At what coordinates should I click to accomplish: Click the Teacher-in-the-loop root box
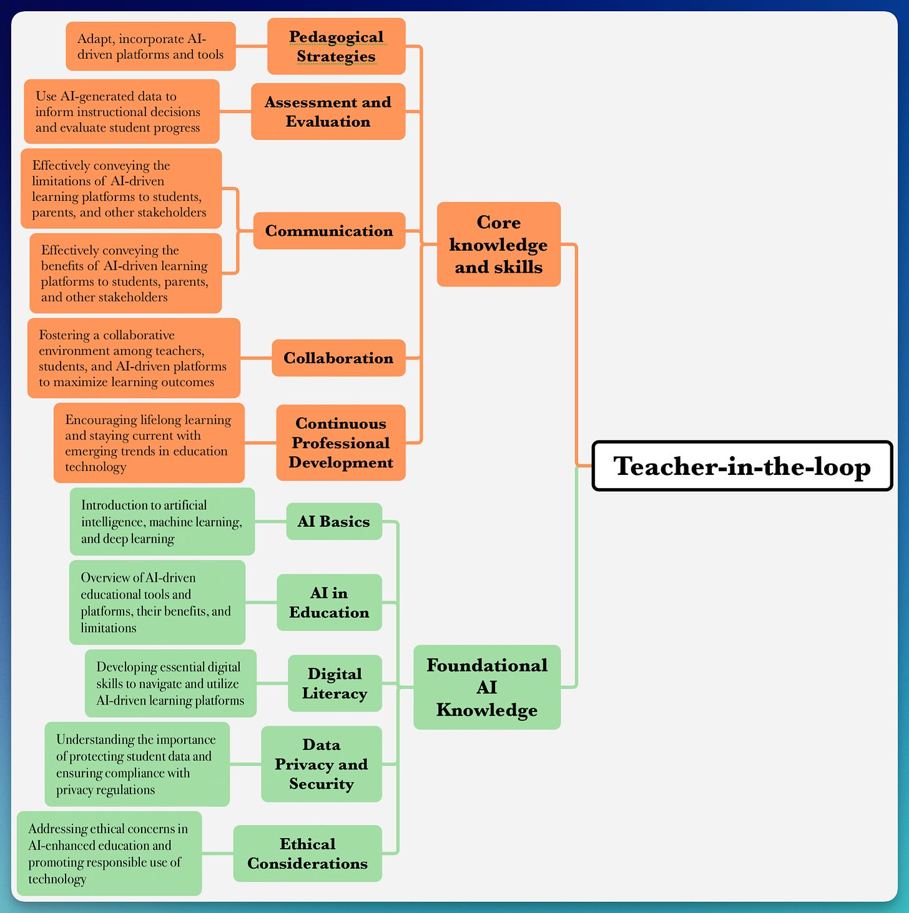[x=742, y=466]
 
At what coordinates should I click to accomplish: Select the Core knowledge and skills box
[x=498, y=244]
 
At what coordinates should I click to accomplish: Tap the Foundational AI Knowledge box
[x=487, y=687]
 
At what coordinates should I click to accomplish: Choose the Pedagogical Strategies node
[x=336, y=46]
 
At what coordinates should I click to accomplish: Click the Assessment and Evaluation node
[x=328, y=112]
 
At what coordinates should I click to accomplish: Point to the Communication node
[x=329, y=231]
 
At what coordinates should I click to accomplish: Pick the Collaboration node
[x=338, y=358]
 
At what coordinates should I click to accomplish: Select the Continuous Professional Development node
[x=341, y=442]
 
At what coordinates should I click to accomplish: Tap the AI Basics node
[x=334, y=521]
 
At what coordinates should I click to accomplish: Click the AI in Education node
[x=329, y=602]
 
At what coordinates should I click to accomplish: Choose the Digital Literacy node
[x=335, y=683]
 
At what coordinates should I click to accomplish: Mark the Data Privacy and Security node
[x=321, y=764]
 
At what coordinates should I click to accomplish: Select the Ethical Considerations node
[x=307, y=853]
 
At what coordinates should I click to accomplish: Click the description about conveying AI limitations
[x=121, y=188]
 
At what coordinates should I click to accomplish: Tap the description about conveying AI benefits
[x=125, y=273]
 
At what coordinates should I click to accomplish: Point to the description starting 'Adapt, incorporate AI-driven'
[x=150, y=46]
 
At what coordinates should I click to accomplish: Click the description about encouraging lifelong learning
[x=149, y=443]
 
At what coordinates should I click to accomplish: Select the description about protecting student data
[x=137, y=764]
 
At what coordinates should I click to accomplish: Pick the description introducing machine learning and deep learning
[x=162, y=521]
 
